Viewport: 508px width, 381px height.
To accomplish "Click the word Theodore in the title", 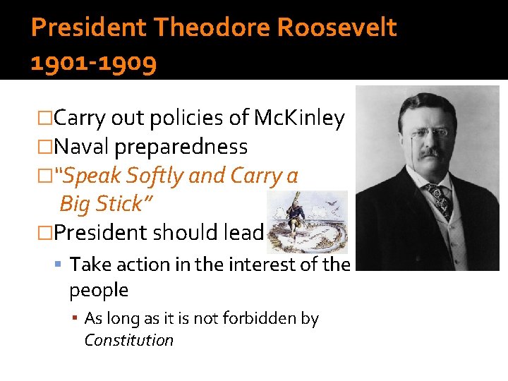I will tap(212, 28).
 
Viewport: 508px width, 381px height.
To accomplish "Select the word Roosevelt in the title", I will tap(337, 28).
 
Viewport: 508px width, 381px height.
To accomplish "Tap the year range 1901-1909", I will tap(94, 64).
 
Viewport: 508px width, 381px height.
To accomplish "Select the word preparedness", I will tap(181, 147).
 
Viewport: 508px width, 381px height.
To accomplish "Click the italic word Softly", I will tap(152, 176).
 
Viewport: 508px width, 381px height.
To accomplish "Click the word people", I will tap(99, 290).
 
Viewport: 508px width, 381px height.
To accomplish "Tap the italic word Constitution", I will tap(128, 340).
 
